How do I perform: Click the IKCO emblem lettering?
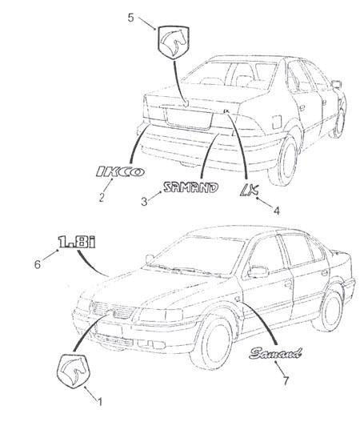tap(120, 171)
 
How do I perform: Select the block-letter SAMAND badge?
tap(191, 187)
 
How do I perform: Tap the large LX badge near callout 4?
tap(249, 190)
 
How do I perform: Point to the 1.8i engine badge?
tap(77, 242)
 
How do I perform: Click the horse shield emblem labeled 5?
tap(174, 42)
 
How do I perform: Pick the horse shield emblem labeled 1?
tap(73, 371)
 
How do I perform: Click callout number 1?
tap(100, 402)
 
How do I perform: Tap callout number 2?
tap(102, 197)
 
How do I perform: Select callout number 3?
tap(144, 202)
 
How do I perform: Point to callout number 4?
tap(277, 211)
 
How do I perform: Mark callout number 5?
tap(131, 18)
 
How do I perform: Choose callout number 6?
tap(38, 264)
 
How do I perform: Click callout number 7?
tap(286, 380)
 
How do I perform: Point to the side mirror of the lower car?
tap(258, 271)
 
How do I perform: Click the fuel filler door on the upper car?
tap(277, 122)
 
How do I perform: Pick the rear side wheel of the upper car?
tap(283, 160)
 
